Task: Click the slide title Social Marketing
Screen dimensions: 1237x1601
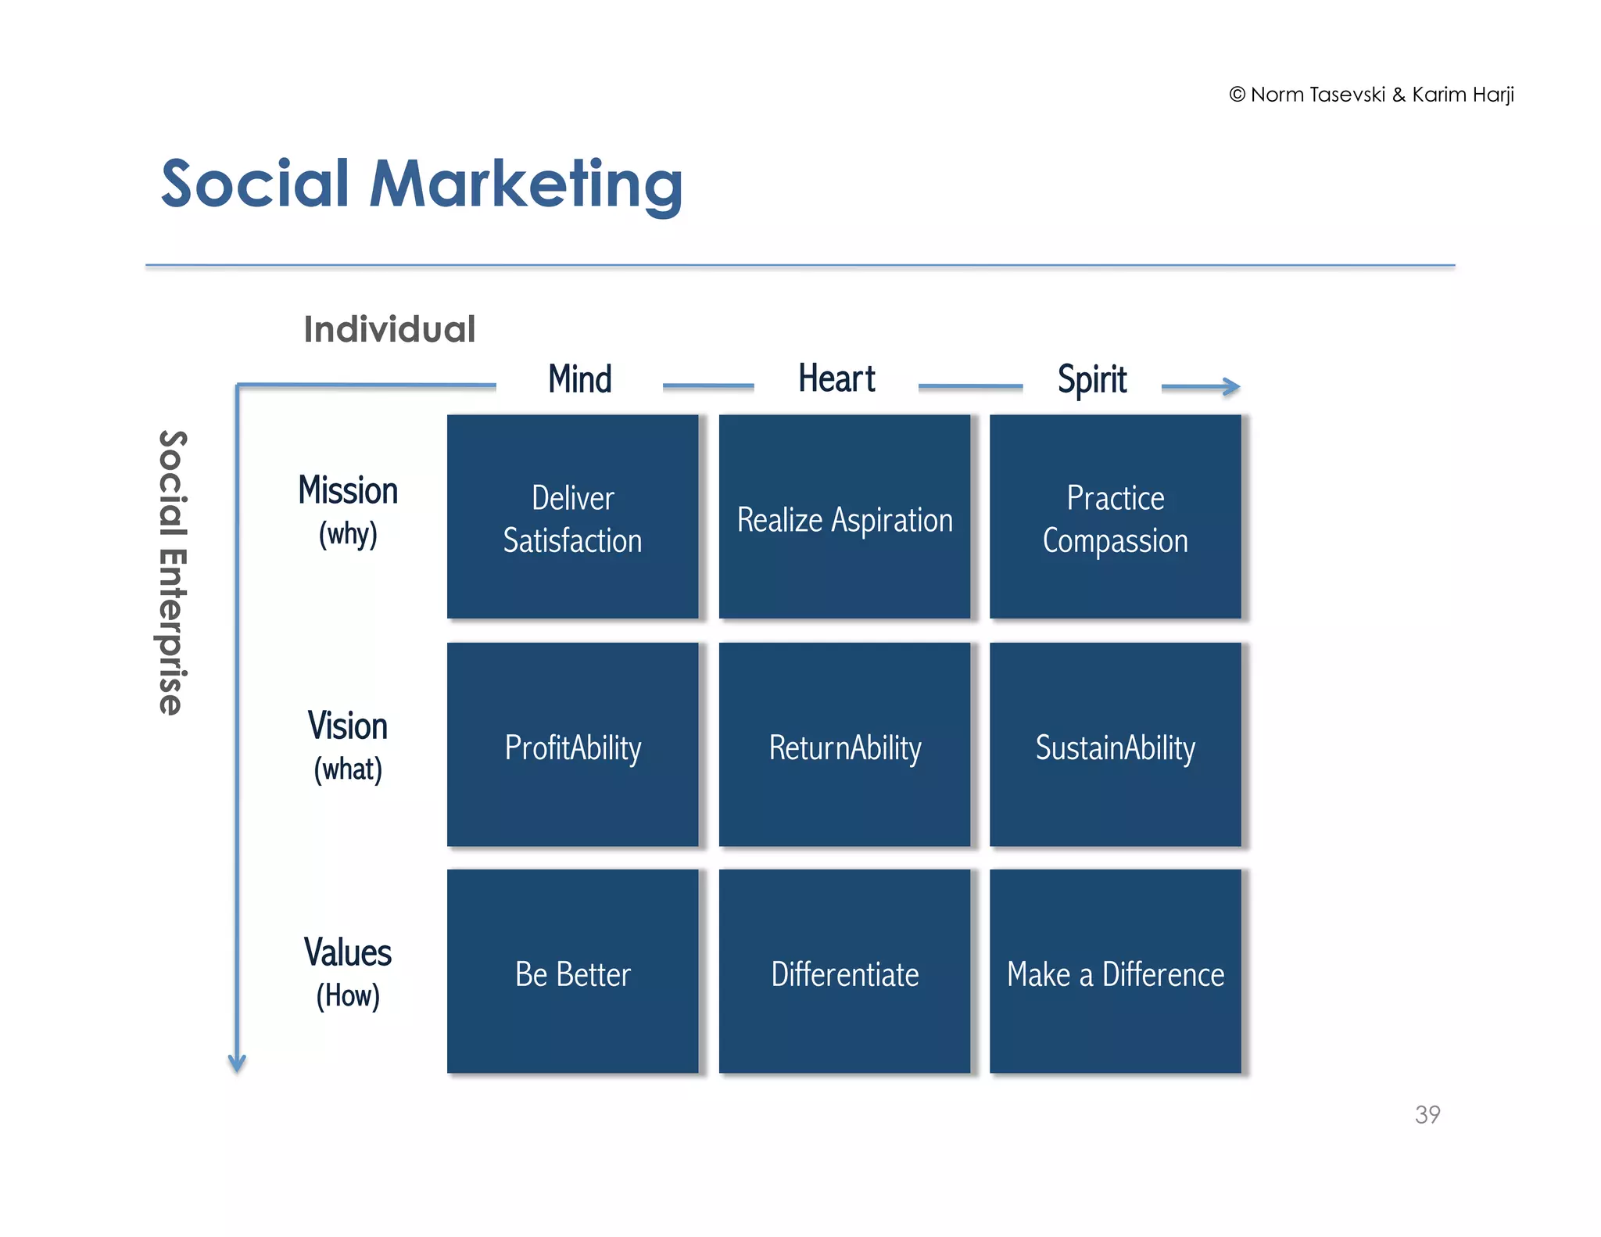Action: coord(421,184)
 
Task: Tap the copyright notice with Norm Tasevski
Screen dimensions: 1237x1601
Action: coord(1371,95)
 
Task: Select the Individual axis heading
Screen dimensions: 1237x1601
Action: coord(389,329)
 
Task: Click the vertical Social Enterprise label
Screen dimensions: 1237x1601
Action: coord(172,572)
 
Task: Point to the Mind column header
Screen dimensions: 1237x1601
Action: coord(579,379)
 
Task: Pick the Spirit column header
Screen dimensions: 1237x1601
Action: coord(1091,380)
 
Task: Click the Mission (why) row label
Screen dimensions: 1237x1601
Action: coord(348,510)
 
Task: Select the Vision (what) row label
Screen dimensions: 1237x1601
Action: coord(348,745)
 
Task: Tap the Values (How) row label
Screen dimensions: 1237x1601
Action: coord(348,972)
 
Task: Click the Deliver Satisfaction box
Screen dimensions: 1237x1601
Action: coord(572,517)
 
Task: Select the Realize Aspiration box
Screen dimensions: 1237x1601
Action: coord(844,517)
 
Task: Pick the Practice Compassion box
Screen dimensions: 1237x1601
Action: coord(1115,517)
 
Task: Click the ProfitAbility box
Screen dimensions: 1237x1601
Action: coord(572,744)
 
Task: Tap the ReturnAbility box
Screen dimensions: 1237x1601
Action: coord(844,744)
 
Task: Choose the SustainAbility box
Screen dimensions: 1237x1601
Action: coord(1115,744)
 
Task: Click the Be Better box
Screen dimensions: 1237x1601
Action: coord(572,971)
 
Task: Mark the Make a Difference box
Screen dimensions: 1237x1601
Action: coord(1115,971)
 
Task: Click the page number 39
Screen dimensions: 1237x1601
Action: coord(1427,1114)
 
